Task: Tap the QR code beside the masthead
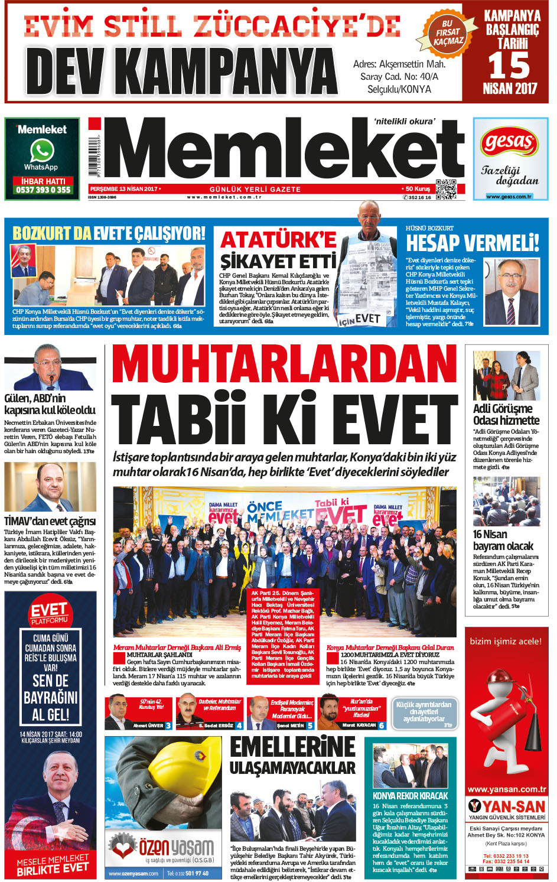(445, 189)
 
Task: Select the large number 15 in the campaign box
(509, 66)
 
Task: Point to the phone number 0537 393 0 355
(43, 190)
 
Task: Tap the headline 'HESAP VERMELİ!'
(472, 243)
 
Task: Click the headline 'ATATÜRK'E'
(278, 240)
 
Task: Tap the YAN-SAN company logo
(506, 806)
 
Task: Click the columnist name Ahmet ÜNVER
(148, 725)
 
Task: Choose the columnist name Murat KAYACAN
(359, 725)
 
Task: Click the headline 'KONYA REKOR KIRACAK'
(410, 796)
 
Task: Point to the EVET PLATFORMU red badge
(50, 613)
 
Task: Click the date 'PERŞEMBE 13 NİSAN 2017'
(124, 189)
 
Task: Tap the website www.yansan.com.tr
(506, 789)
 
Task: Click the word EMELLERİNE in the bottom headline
(292, 747)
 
